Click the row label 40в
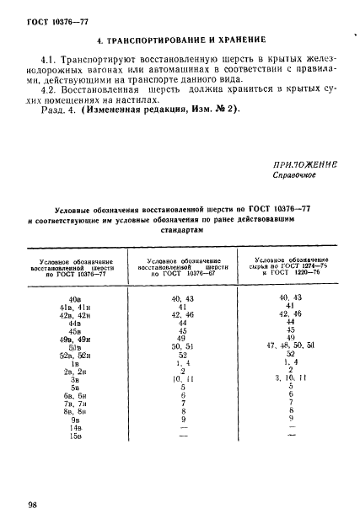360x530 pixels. click(74, 298)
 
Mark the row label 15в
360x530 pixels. click(74, 436)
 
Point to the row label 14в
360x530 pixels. click(74, 427)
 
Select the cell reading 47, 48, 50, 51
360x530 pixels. click(289, 345)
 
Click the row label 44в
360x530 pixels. click(74, 323)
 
